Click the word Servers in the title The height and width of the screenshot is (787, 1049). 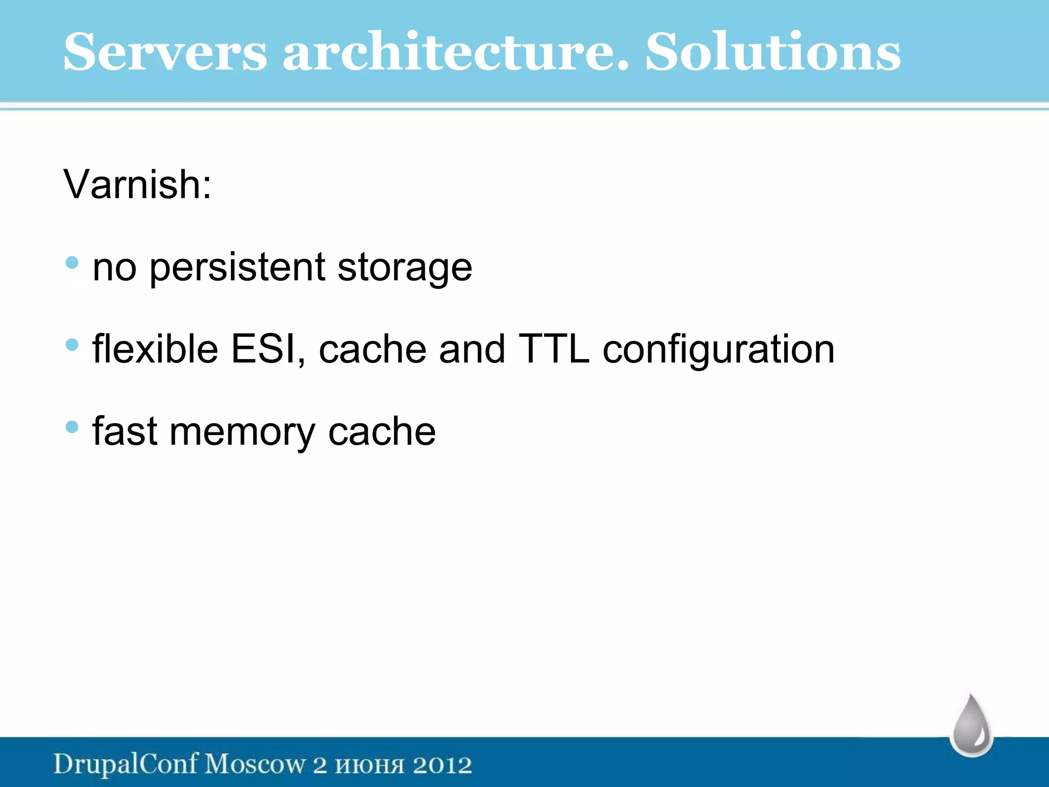tap(165, 52)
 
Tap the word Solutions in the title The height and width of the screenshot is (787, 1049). tap(772, 52)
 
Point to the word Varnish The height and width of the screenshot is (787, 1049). tap(137, 184)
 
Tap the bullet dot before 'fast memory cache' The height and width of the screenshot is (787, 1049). tap(72, 427)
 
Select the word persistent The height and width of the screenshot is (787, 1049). tap(237, 267)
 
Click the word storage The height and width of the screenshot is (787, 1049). tap(405, 267)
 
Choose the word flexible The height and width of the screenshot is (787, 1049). tap(155, 349)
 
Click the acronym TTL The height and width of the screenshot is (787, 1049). tap(554, 349)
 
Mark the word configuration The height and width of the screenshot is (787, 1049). tap(718, 350)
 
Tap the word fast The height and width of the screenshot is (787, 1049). tap(124, 431)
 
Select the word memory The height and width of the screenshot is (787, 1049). tap(242, 432)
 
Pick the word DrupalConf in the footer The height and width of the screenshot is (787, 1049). tap(125, 764)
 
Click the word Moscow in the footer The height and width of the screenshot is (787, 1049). tap(255, 764)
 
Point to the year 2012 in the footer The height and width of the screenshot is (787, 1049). tap(442, 765)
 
